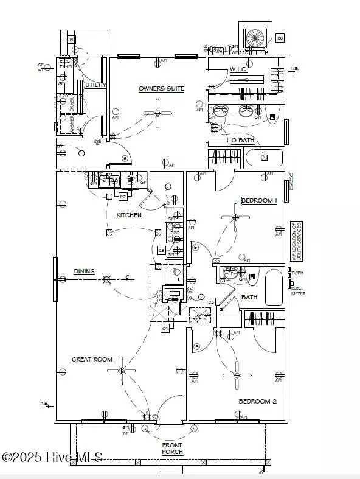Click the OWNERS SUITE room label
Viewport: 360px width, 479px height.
point(161,89)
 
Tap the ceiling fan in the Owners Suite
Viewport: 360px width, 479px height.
point(157,113)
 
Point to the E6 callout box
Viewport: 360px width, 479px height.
point(280,38)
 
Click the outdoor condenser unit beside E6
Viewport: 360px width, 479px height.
point(255,38)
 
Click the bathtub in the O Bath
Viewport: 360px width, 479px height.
point(264,158)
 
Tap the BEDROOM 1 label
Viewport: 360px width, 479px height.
point(259,200)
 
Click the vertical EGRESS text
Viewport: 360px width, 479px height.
point(292,181)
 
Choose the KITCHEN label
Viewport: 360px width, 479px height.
point(129,215)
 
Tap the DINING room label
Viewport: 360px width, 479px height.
point(84,271)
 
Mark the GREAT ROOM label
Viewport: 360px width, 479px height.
point(92,359)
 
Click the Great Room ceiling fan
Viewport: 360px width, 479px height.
point(122,370)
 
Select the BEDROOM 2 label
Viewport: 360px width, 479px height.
point(257,401)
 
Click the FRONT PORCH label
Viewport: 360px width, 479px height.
point(172,448)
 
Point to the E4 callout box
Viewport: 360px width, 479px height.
point(165,328)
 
